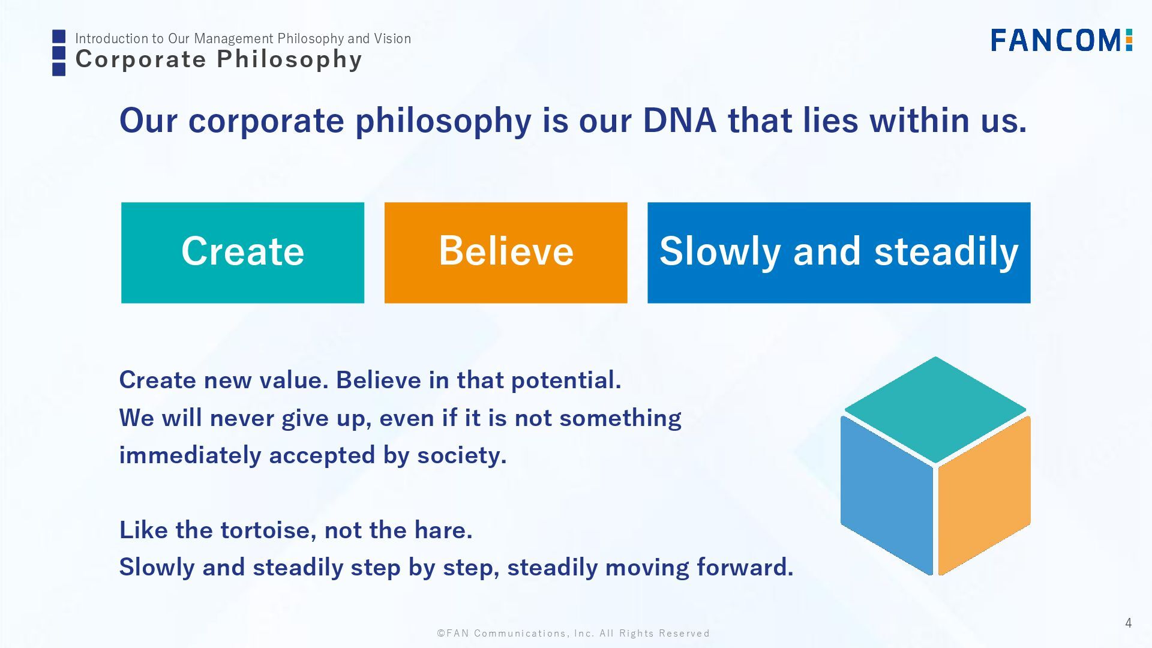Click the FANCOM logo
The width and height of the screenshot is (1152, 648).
[1061, 40]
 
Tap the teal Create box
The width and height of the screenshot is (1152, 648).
[242, 253]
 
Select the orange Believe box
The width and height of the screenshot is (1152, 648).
[506, 253]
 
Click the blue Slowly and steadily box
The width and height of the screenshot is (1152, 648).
[839, 253]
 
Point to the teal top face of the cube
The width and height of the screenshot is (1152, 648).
[935, 410]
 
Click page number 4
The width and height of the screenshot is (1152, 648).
[1128, 623]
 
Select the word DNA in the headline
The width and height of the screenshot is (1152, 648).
[679, 120]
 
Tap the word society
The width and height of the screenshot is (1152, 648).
[462, 455]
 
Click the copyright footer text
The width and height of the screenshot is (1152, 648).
[574, 634]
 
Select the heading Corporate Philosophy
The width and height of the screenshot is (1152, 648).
[219, 59]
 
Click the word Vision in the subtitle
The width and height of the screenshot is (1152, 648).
[392, 38]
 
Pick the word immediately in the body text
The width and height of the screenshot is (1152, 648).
[190, 455]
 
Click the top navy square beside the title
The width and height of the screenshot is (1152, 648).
[59, 37]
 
